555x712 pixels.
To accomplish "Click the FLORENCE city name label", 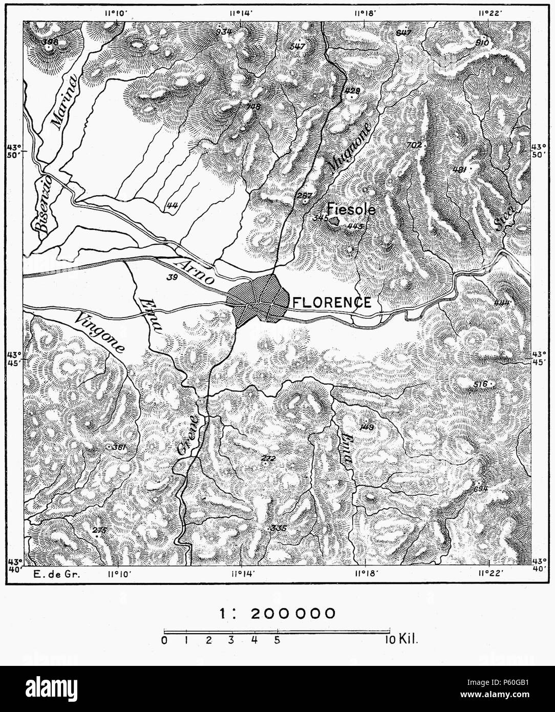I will pyautogui.click(x=331, y=302).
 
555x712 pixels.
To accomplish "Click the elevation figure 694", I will pyautogui.click(x=480, y=489).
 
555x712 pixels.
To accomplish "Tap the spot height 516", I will pyautogui.click(x=481, y=384).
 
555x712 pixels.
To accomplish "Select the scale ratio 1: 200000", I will pyautogui.click(x=277, y=613).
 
